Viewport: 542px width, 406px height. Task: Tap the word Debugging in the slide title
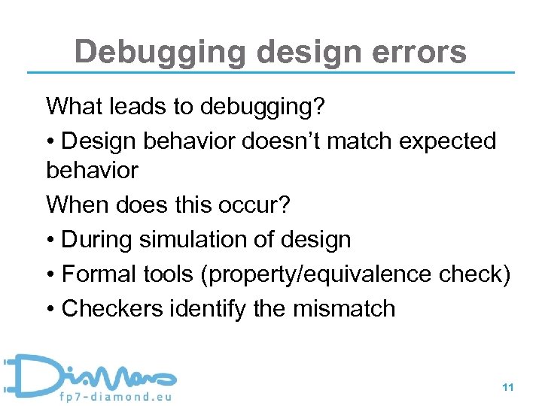pos(160,53)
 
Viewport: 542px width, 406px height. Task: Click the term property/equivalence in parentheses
pos(329,275)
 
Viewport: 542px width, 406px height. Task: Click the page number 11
pos(507,387)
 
